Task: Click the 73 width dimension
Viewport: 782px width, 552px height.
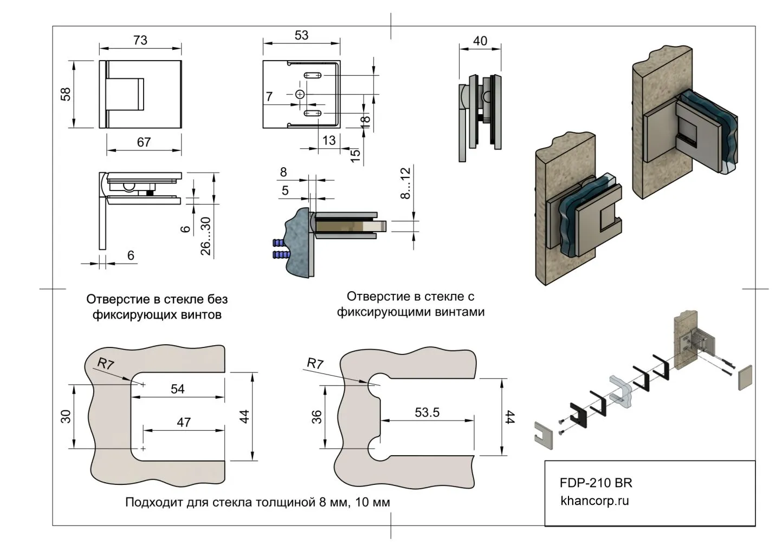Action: (140, 40)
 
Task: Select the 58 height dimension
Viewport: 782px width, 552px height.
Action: (66, 94)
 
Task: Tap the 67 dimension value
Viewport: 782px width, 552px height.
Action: (144, 142)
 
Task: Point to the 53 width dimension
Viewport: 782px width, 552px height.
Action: (301, 35)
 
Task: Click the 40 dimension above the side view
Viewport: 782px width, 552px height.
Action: (480, 41)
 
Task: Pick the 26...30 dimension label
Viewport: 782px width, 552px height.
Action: (205, 236)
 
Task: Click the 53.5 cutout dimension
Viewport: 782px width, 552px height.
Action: (427, 412)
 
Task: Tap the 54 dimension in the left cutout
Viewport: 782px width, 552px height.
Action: (178, 389)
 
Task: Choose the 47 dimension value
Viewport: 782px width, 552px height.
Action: (184, 422)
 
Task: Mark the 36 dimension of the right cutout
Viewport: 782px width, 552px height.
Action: (317, 417)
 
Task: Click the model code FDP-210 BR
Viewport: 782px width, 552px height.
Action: (596, 483)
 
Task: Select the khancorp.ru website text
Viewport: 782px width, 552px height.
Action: (594, 501)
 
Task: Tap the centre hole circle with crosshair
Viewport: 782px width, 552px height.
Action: (301, 94)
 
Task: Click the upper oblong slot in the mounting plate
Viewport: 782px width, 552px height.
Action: (312, 75)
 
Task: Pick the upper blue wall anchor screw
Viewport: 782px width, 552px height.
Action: (281, 242)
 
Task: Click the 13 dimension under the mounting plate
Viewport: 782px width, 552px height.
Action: (329, 140)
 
